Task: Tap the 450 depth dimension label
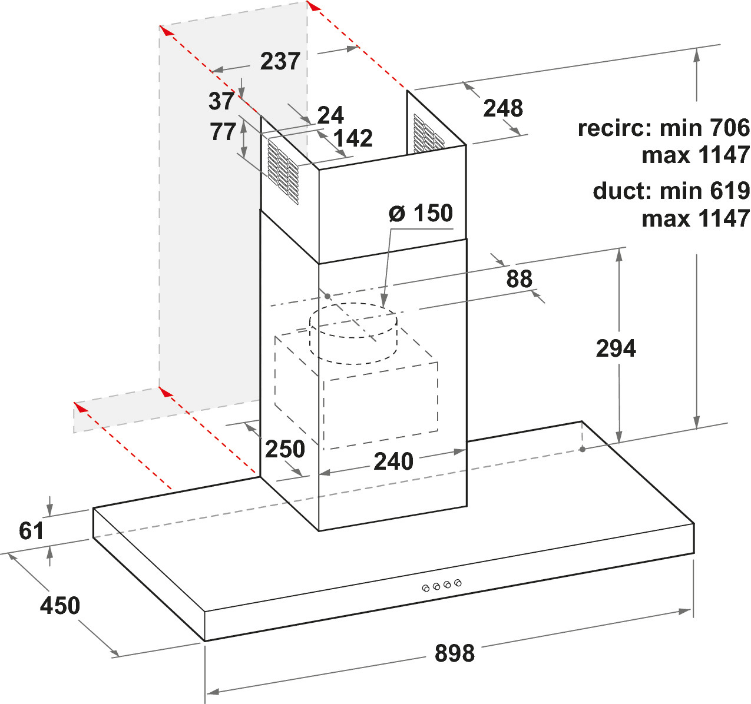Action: (60, 605)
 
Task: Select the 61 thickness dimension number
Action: (31, 530)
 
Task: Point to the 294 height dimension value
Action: (616, 348)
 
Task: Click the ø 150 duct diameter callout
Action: (421, 213)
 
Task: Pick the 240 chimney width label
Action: (393, 461)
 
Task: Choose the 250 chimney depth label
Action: (284, 449)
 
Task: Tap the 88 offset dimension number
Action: (519, 278)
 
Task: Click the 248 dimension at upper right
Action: (503, 108)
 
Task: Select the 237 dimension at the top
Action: (280, 61)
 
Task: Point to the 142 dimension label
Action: (353, 138)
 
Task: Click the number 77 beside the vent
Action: (223, 132)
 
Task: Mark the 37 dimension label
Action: (221, 101)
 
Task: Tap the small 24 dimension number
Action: (330, 115)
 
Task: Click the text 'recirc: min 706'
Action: (664, 128)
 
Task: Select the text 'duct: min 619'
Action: (671, 191)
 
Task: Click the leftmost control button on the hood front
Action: (425, 588)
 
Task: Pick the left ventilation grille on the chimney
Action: (283, 172)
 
